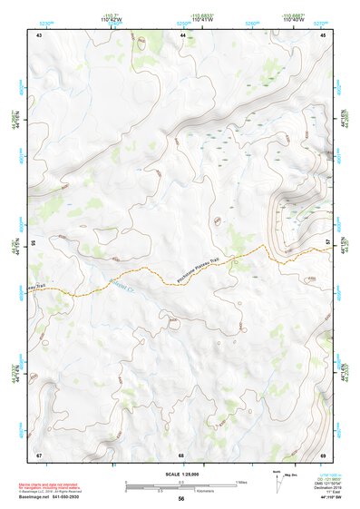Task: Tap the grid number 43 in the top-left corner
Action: [x=39, y=34]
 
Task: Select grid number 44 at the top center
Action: [x=183, y=34]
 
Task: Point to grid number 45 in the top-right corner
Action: [x=323, y=34]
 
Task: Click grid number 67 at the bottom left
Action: [x=39, y=454]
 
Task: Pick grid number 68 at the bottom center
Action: [x=181, y=454]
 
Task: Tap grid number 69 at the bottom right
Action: [x=323, y=454]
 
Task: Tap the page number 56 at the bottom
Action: [x=181, y=499]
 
